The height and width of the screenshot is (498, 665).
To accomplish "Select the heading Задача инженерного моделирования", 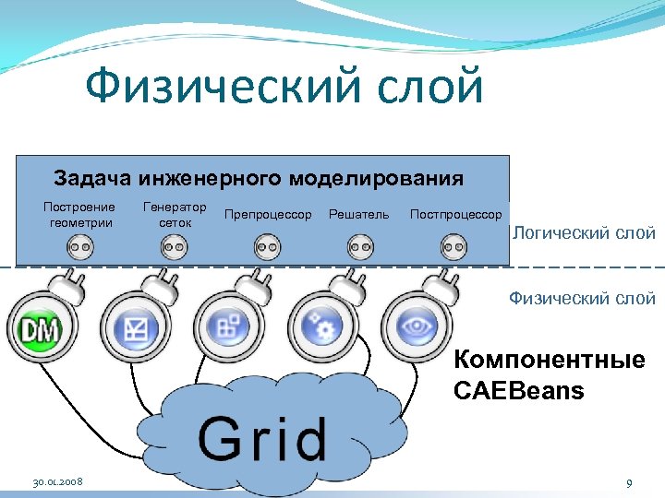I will pyautogui.click(x=259, y=177).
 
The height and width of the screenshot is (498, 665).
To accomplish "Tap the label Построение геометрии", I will pyautogui.click(x=79, y=215).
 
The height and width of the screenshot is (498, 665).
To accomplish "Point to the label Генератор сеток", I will pyautogui.click(x=175, y=215).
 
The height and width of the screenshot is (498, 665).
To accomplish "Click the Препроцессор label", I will pyautogui.click(x=268, y=215).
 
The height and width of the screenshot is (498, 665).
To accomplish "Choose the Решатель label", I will pyautogui.click(x=358, y=215).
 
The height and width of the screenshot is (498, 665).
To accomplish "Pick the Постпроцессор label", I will pyautogui.click(x=455, y=215).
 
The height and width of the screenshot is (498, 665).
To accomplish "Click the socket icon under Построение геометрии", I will pyautogui.click(x=79, y=246).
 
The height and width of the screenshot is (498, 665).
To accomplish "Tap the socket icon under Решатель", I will pyautogui.click(x=360, y=246).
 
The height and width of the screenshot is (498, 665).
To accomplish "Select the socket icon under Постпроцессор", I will pyautogui.click(x=453, y=246).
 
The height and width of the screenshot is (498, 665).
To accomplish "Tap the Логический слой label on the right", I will pyautogui.click(x=584, y=232).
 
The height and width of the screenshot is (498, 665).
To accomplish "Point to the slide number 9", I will pyautogui.click(x=628, y=482).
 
